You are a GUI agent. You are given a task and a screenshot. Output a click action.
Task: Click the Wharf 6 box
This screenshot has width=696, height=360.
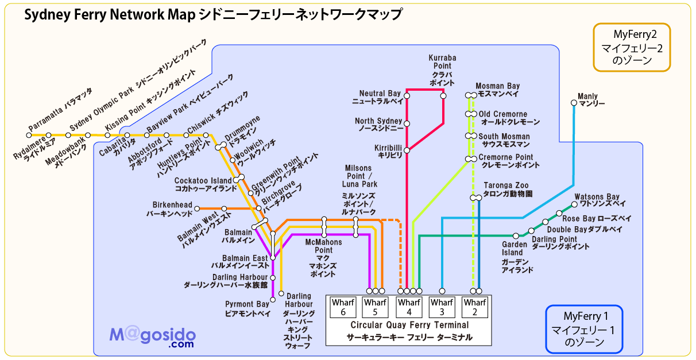[343, 307]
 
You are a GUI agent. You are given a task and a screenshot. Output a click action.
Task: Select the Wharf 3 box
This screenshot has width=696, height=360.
[442, 307]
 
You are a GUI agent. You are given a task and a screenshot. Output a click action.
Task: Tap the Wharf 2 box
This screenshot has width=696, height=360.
[475, 307]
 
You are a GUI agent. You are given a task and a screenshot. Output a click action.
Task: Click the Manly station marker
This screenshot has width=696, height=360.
[574, 103]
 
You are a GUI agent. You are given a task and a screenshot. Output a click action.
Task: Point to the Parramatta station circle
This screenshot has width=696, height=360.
[29, 135]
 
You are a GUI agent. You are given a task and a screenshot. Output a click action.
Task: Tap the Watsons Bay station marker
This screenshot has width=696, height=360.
[574, 204]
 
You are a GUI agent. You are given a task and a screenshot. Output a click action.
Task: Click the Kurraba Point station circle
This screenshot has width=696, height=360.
[443, 96]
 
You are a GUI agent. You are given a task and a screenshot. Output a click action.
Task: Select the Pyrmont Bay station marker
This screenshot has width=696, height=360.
[273, 300]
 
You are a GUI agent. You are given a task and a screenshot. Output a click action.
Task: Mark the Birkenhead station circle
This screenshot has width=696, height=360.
[197, 208]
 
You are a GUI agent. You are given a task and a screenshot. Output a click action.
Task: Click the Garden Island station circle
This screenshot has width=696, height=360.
[516, 236]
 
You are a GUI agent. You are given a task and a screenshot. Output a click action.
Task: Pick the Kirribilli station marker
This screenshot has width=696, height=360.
[407, 150]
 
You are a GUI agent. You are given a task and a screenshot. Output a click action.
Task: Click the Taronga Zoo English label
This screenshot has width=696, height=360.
[506, 185]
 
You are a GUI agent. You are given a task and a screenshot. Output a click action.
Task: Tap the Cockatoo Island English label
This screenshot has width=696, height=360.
[203, 180]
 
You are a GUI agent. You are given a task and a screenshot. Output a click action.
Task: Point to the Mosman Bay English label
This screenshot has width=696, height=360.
[497, 86]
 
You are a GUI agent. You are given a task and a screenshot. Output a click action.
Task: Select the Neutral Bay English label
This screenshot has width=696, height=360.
[380, 93]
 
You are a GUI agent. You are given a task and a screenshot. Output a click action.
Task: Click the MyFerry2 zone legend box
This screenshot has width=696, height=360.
[632, 47]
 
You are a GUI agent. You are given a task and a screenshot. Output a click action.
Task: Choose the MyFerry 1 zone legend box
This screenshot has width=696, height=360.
[584, 329]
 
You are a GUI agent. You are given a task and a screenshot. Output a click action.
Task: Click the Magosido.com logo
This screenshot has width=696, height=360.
[153, 336]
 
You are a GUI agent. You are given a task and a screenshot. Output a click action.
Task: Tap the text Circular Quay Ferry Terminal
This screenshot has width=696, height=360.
[409, 325]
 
